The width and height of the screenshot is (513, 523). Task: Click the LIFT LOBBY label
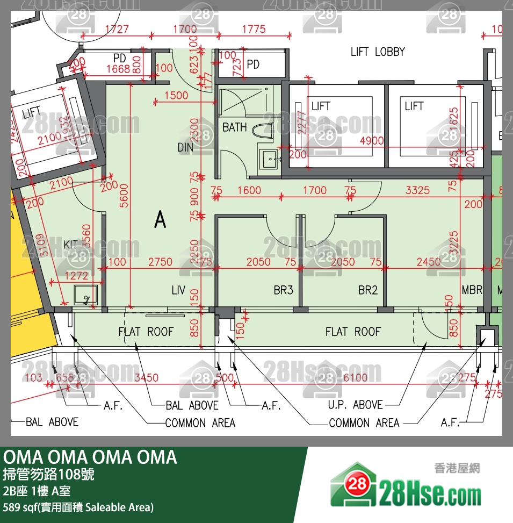coord(378,52)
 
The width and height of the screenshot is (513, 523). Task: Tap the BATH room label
coord(235,127)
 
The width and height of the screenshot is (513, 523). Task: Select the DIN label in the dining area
coord(185,147)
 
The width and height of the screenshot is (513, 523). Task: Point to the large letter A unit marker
coord(160,219)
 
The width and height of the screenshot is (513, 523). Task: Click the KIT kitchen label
coord(70,245)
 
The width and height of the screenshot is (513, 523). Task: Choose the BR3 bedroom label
coord(283,291)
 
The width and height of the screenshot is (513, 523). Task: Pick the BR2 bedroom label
coord(368,291)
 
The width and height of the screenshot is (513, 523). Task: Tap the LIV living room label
coord(178,291)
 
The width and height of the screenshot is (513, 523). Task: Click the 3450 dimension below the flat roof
coord(146,378)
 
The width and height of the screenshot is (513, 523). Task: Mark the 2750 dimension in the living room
coord(160,262)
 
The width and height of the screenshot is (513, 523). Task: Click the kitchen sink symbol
coord(85,294)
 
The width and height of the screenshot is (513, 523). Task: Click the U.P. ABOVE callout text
coord(355,405)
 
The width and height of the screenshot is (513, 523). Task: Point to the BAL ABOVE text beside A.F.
coord(191,405)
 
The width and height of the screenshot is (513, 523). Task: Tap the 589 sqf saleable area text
coord(78,507)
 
